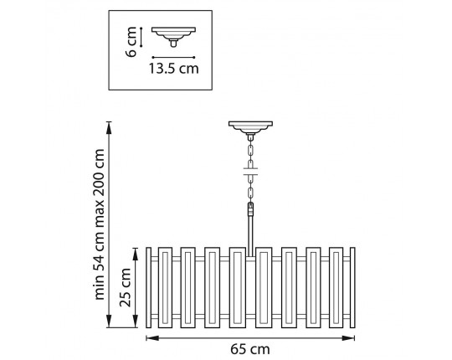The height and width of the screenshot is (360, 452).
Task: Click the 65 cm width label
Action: tap(250, 350)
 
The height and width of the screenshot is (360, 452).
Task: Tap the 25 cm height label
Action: tap(126, 287)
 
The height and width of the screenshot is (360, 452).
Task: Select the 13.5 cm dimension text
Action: tap(173, 69)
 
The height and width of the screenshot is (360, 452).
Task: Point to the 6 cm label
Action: tap(131, 42)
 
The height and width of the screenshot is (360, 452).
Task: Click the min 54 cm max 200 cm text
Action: tap(100, 224)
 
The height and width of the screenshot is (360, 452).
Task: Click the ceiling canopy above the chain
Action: tap(250, 127)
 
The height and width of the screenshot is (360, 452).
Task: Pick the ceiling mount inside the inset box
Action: tap(173, 37)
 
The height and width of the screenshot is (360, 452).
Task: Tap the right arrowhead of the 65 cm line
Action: tap(348, 338)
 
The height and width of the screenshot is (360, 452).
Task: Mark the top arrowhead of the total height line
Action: tap(109, 128)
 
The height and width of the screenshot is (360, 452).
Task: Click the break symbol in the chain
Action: tap(250, 172)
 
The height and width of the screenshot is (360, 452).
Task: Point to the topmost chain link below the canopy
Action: tap(250, 151)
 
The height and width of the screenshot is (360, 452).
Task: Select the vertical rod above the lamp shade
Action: tap(250, 236)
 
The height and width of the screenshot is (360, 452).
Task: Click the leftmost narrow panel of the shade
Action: tap(148, 287)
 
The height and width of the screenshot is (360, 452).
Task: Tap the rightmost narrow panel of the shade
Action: tap(352, 287)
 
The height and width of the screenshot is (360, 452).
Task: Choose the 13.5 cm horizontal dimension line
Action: tap(173, 58)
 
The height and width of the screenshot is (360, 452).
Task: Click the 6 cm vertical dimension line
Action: tap(141, 37)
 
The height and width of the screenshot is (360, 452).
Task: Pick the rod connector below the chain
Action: tap(250, 209)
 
